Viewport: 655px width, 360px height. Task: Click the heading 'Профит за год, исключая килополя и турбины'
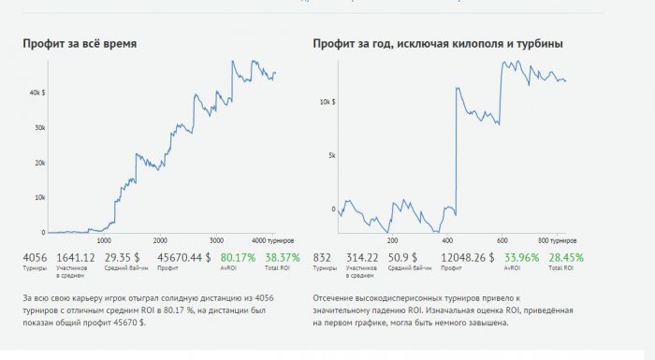tap(438, 44)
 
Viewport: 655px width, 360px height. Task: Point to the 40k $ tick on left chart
tap(37, 94)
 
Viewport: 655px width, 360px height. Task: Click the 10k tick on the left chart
tap(39, 197)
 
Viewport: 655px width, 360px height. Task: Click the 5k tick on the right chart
tap(330, 155)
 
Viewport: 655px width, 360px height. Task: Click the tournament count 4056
tap(35, 256)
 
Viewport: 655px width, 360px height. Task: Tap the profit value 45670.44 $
tap(183, 256)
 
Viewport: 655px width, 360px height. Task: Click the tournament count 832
tap(324, 256)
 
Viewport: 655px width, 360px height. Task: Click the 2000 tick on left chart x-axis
tap(160, 239)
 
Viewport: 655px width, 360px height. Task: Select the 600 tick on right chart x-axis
tap(502, 239)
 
